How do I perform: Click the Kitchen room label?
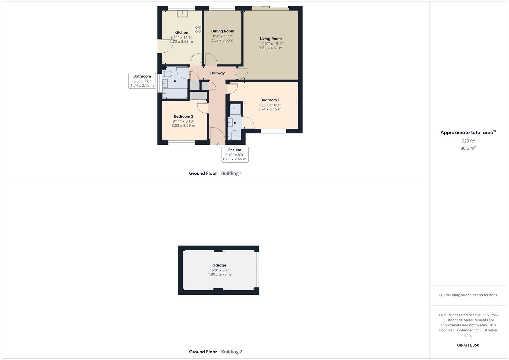(181, 32)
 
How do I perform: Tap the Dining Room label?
(223, 31)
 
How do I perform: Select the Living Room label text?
(271, 39)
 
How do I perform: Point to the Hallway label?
(217, 73)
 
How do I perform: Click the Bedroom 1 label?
(270, 100)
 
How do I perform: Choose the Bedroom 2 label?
(183, 116)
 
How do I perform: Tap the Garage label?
(219, 265)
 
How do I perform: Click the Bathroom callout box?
(142, 81)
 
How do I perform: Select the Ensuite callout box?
(235, 154)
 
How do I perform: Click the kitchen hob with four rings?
(198, 29)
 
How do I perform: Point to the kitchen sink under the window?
(182, 14)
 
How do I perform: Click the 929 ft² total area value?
(468, 141)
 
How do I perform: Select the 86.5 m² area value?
(468, 148)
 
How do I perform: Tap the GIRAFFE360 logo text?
(468, 345)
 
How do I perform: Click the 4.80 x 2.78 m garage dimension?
(219, 274)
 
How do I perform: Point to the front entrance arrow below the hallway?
(218, 144)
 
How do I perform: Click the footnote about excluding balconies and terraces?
(468, 295)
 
